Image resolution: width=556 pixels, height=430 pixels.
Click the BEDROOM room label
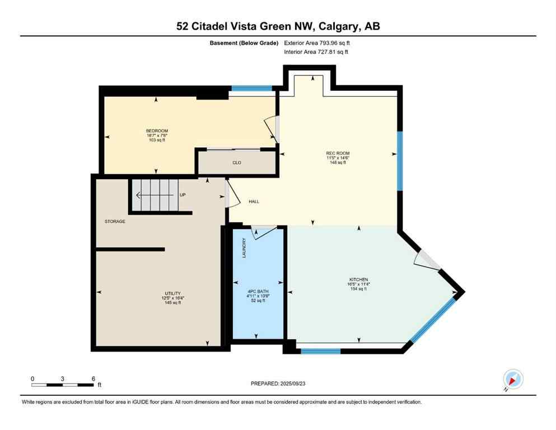pos(157,131)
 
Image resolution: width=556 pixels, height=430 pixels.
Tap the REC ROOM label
pos(338,153)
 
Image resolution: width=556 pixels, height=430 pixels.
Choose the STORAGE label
pos(115,222)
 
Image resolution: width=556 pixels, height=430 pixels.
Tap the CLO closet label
pos(236,163)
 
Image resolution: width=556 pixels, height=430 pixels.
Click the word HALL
pos(254,202)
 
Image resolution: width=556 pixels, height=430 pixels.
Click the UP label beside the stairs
pos(183,195)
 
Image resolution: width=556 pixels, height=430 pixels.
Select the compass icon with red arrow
pos(513,378)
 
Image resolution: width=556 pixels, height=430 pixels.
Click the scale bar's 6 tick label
pos(93,378)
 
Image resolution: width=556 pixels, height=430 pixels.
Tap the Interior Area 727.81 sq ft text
pos(316,52)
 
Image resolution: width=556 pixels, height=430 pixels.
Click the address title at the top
pos(278,26)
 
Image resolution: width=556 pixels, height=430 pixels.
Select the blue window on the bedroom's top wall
pos(252,88)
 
